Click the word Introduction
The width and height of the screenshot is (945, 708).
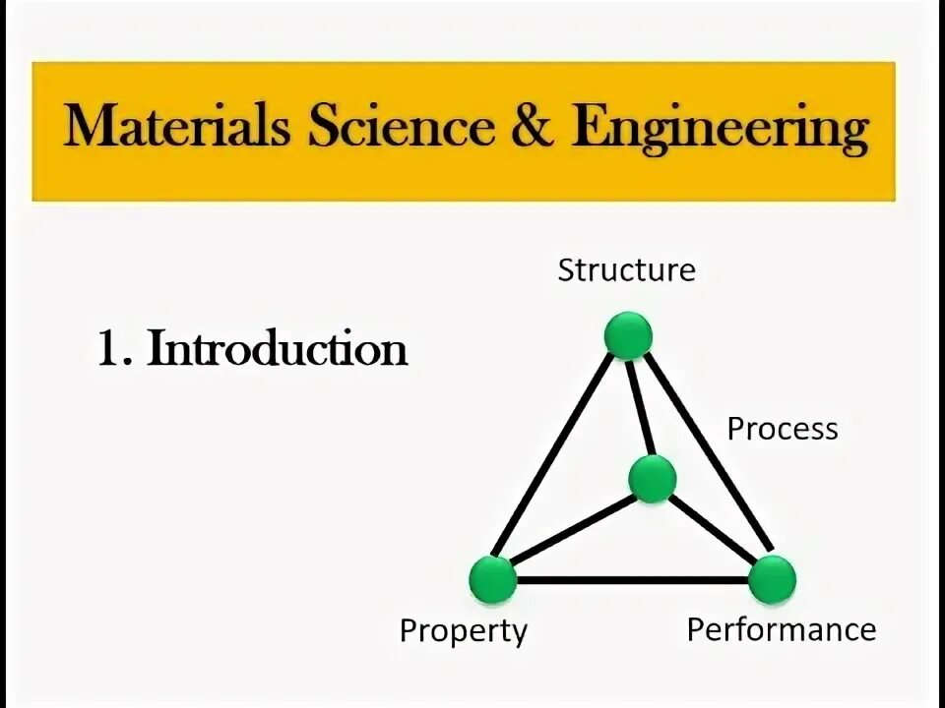[278, 349]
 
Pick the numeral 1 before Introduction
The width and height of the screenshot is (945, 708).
[108, 349]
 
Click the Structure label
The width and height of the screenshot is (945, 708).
[626, 269]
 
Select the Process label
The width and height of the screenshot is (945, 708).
[783, 430]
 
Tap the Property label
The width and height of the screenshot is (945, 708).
[463, 630]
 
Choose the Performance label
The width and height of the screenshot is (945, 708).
[781, 629]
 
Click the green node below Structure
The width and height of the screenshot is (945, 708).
[628, 336]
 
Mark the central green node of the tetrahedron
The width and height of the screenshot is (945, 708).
[652, 480]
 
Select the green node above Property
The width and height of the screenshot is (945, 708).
[493, 579]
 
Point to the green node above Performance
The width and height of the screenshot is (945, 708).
[771, 578]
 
